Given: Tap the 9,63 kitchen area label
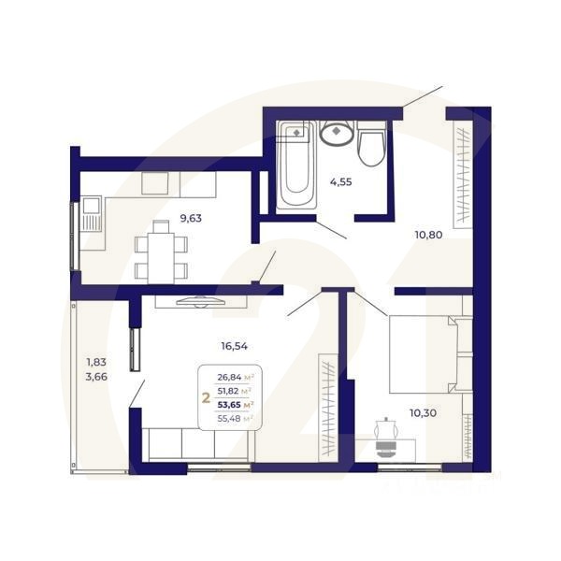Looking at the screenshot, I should (190, 219).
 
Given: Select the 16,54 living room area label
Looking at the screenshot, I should (235, 346).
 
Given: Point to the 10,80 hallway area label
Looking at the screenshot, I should (429, 236).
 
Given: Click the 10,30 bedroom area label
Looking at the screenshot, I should (423, 411).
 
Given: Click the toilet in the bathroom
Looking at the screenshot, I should (371, 144).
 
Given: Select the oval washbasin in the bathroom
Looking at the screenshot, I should (336, 135).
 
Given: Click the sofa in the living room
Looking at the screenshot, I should (196, 443).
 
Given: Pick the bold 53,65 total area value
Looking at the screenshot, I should (233, 405).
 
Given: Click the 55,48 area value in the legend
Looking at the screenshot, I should (233, 419).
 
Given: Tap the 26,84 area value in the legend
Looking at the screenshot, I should (233, 377).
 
